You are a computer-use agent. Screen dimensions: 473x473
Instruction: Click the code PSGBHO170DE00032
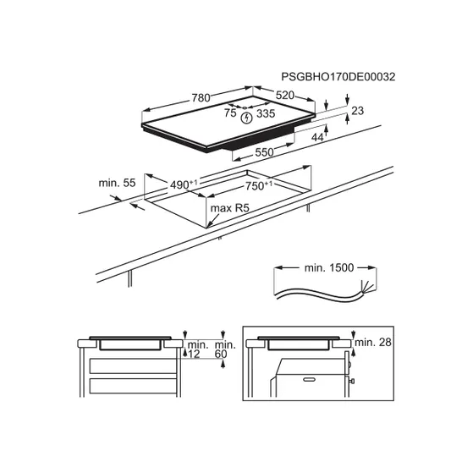point(338,77)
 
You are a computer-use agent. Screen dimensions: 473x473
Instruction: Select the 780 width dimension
point(201,98)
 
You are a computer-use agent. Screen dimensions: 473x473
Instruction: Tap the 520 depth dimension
point(285,96)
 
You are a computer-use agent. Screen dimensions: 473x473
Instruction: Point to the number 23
point(357,111)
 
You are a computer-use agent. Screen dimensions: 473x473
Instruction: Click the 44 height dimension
point(317,138)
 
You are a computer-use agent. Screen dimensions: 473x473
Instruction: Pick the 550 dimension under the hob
point(264,152)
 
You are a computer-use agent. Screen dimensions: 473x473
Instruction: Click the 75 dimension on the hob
point(230,113)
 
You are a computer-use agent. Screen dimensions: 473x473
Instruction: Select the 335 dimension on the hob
point(266,113)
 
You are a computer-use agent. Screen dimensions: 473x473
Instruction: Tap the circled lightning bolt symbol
point(246,118)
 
